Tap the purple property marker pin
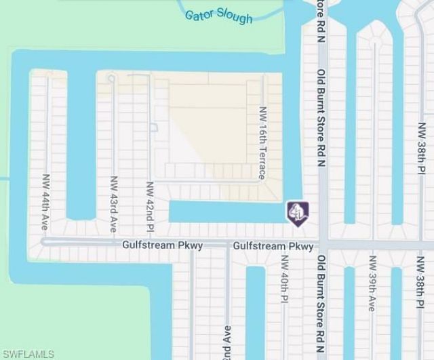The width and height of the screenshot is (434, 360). [297, 212]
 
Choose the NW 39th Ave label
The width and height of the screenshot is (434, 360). [372, 283]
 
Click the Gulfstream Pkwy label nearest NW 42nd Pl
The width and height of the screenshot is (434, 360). [163, 245]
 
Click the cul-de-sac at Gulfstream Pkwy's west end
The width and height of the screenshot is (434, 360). [45, 241]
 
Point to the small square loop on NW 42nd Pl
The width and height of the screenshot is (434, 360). [153, 127]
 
